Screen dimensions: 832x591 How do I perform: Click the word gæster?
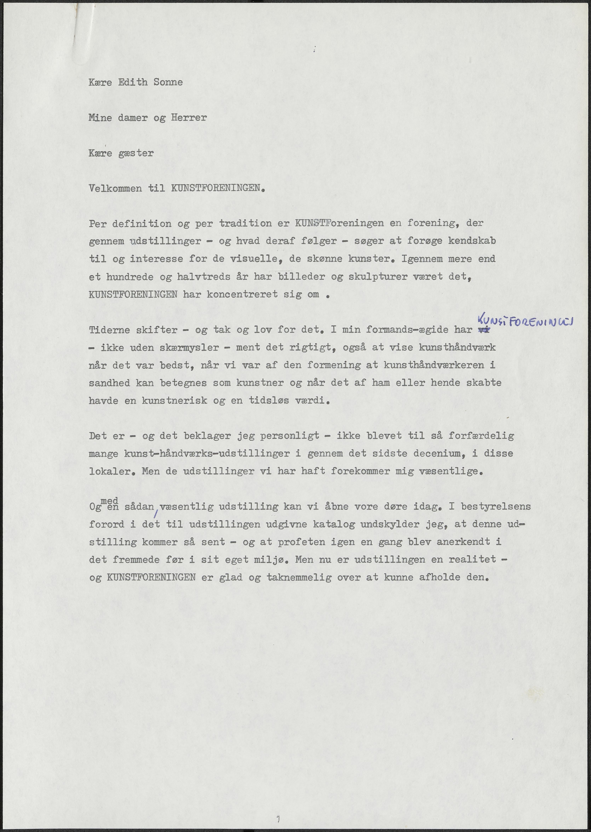pyautogui.click(x=136, y=153)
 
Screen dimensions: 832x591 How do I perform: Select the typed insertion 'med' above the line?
pyautogui.click(x=109, y=501)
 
